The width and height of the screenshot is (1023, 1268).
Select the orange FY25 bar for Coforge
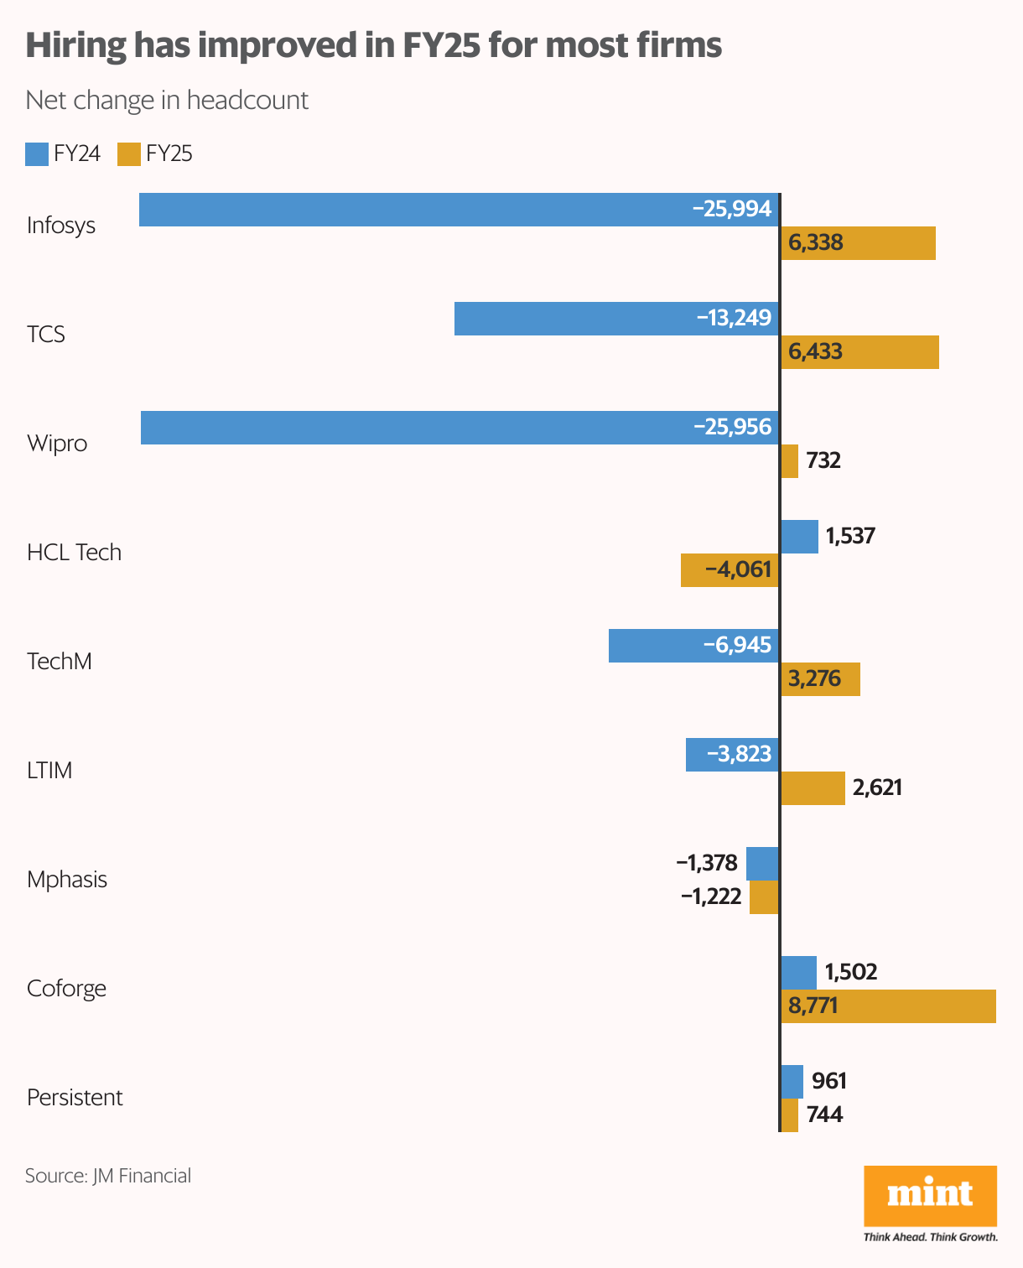click(889, 1006)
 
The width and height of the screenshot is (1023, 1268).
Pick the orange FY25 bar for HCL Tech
click(730, 570)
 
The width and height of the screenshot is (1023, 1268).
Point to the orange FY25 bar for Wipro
click(790, 461)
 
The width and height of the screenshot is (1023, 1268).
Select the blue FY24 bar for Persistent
click(792, 1082)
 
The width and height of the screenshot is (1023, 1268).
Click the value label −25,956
click(732, 427)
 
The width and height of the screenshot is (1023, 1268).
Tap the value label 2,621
click(877, 787)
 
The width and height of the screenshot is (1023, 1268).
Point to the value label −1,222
click(711, 897)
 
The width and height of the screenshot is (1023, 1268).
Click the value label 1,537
click(850, 536)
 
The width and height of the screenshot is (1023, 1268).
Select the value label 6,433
click(816, 351)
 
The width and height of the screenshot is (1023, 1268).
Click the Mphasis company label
click(67, 880)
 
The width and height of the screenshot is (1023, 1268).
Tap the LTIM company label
click(49, 771)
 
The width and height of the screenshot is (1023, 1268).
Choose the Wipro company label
click(57, 444)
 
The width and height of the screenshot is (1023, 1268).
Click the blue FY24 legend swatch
click(37, 154)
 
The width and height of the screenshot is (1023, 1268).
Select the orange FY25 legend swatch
click(129, 154)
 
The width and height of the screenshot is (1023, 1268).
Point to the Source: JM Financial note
click(108, 1176)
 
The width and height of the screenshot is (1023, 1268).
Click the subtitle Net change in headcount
click(167, 101)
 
